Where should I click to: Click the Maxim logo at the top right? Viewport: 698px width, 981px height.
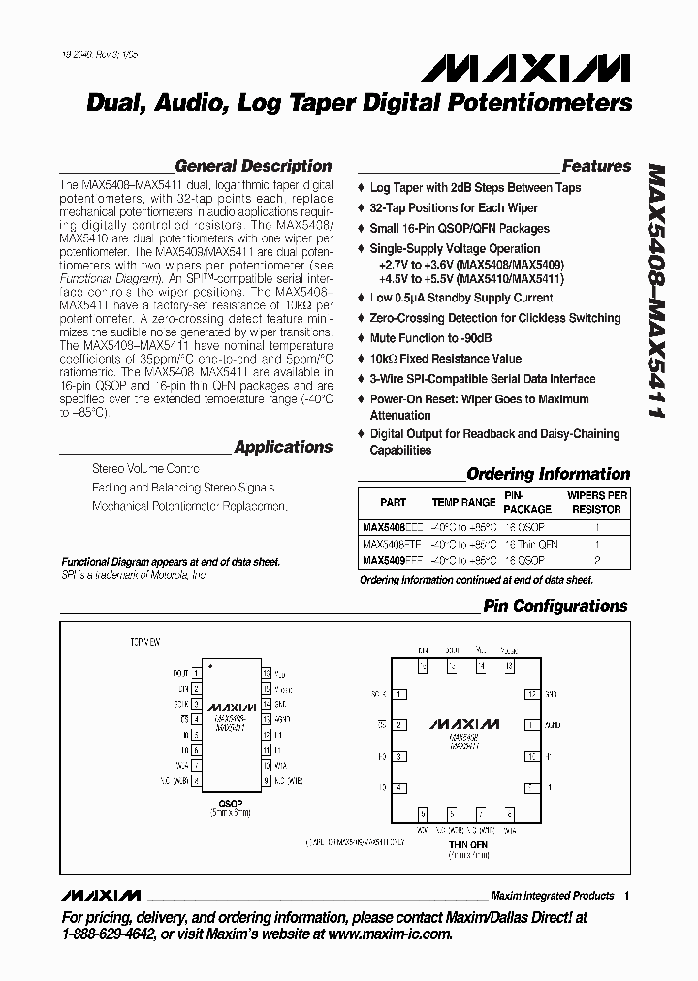click(x=525, y=69)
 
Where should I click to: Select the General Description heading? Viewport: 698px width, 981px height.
click(x=253, y=166)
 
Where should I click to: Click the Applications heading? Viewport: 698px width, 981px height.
click(x=283, y=447)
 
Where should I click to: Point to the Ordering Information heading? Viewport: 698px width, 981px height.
click(x=548, y=474)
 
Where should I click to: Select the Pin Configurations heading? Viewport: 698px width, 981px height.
click(x=555, y=606)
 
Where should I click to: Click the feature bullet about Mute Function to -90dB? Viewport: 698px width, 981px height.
click(x=430, y=338)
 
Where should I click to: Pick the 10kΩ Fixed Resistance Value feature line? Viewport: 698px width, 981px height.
click(x=445, y=359)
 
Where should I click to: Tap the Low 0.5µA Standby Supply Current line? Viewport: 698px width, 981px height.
click(x=460, y=298)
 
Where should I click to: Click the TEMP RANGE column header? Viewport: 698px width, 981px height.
click(x=463, y=502)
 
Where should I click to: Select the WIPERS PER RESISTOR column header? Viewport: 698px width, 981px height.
click(x=596, y=502)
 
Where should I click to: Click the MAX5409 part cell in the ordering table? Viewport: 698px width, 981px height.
click(x=380, y=560)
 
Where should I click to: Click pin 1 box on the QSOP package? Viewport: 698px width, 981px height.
click(x=197, y=671)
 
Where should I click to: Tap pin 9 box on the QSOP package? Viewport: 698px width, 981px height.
click(x=267, y=779)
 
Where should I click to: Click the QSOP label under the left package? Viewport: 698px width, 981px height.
click(x=231, y=804)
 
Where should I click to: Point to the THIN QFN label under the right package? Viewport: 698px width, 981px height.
click(x=466, y=845)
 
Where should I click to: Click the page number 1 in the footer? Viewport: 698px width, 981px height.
click(x=627, y=895)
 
